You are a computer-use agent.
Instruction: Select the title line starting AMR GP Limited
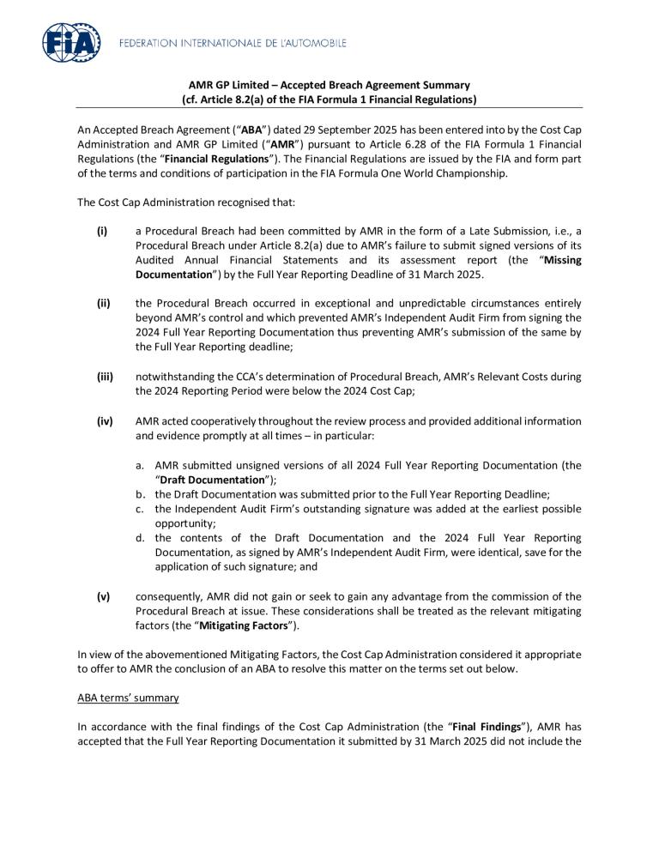[329, 85]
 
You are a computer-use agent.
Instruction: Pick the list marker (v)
[103, 596]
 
